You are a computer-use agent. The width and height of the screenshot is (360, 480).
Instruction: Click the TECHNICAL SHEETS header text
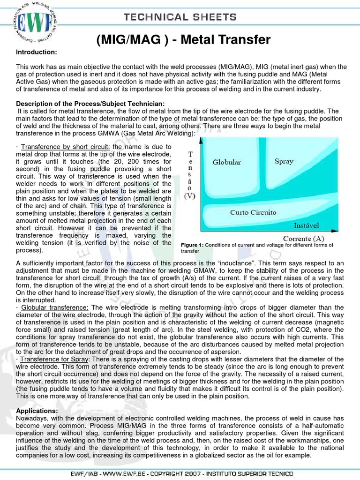(180, 17)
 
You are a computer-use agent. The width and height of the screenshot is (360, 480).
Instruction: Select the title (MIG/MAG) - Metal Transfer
(183, 40)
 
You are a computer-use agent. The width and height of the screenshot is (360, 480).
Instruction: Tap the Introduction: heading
(37, 52)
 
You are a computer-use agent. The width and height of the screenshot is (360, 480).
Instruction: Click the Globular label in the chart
(226, 162)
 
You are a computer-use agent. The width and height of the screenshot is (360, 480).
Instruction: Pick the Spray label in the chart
(284, 161)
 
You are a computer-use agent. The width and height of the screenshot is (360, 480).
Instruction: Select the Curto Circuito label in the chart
(253, 212)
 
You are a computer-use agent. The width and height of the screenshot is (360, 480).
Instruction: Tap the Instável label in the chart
(307, 225)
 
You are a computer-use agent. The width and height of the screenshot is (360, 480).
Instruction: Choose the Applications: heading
(37, 411)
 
